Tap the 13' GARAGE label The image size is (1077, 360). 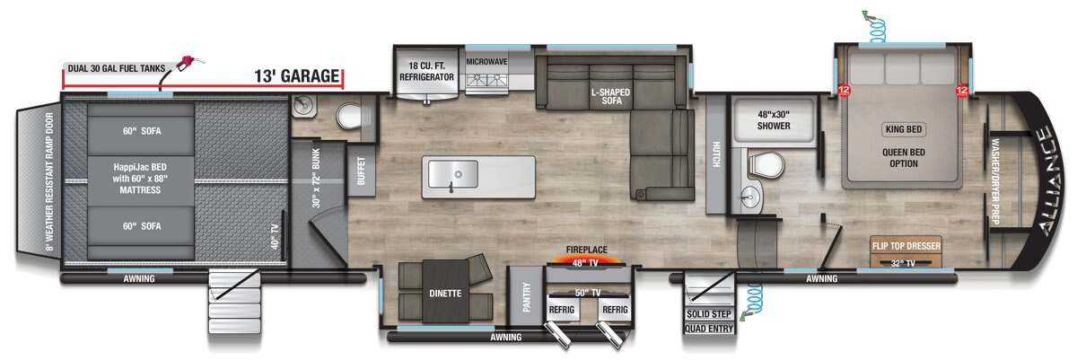pos(297,76)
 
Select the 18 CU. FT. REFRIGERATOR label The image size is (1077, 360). pos(426,71)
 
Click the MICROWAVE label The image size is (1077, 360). pos(486,62)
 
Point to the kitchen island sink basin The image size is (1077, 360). pos(453,174)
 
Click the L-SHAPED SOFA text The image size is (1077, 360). pos(610,96)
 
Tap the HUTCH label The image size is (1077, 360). pos(716,154)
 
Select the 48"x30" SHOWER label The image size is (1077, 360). pos(774,120)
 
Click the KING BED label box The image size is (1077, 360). pos(904,129)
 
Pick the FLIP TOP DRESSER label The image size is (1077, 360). pos(906,246)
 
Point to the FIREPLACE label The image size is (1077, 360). pos(586,250)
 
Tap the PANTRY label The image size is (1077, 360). pos(526,296)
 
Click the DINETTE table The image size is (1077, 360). pos(445,291)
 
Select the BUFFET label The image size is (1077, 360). pos(361,171)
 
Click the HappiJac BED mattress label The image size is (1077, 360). pos(140,179)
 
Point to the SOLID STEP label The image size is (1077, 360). pos(709,314)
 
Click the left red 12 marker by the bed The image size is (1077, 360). pos(844,90)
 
